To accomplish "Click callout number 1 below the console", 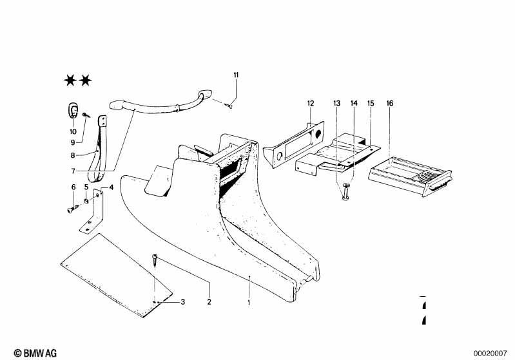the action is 249,302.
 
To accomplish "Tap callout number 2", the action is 209,301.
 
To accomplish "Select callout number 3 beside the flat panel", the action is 183,301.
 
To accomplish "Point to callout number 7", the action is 73,171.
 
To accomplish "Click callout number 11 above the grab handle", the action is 236,75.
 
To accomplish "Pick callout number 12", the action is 311,104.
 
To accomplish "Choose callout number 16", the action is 389,104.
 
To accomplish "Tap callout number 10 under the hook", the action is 73,131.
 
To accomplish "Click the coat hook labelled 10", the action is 73,109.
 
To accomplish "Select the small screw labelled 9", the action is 85,115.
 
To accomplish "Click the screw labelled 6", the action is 73,209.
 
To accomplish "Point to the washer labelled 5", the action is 86,200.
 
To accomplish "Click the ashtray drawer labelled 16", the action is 410,176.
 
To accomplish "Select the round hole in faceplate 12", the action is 318,133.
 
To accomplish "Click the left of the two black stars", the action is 70,80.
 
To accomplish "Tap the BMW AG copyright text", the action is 35,353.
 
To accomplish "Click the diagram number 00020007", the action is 490,354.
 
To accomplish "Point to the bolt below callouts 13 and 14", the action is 346,192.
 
